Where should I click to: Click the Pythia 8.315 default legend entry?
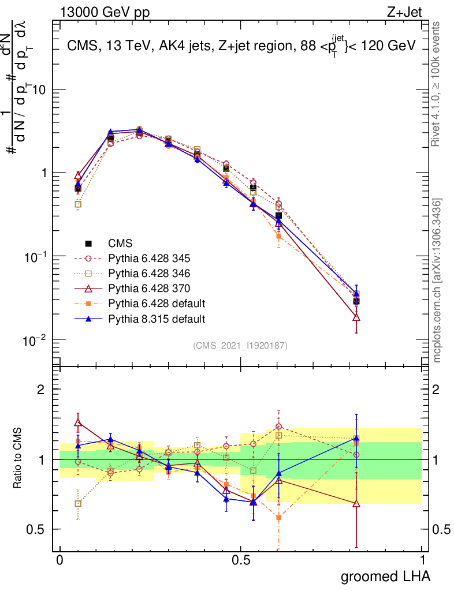point(142,319)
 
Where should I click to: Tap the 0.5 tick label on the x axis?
point(241,560)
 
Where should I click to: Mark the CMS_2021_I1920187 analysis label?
point(240,346)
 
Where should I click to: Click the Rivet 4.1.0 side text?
point(437,85)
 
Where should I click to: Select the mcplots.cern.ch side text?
point(437,280)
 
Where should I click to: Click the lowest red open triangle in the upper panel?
point(356,316)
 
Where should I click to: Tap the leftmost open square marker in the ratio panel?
point(78,504)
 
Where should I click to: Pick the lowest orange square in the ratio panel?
point(279,518)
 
